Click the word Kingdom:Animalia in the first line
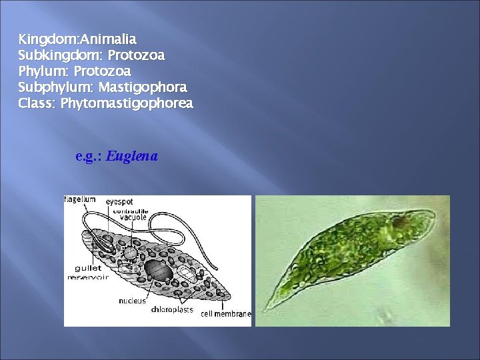pos(77,39)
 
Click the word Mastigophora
pos(144,87)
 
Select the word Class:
pos(37,103)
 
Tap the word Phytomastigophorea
pos(127,103)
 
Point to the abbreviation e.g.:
pos(89,157)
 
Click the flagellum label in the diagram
pos(80,199)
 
